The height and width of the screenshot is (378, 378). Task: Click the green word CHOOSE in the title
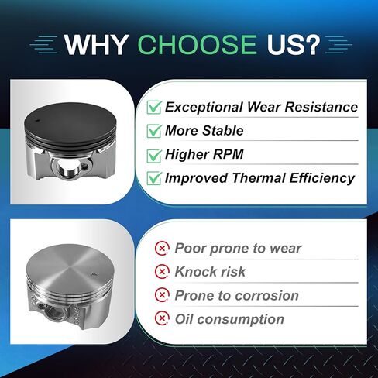[198, 45]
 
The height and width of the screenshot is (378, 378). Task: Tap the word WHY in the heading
[97, 45]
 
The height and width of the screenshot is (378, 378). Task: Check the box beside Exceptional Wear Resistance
[154, 107]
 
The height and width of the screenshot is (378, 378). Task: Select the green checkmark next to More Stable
[154, 131]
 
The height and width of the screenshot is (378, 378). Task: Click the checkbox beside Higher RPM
[154, 156]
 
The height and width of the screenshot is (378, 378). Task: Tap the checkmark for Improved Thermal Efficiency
[154, 178]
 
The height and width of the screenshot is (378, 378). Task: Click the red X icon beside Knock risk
[162, 272]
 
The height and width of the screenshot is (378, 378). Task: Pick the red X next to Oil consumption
[162, 318]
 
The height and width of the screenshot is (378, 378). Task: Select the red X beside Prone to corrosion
[162, 295]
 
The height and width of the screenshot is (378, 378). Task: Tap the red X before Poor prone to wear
[162, 249]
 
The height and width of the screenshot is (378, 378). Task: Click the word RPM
[229, 154]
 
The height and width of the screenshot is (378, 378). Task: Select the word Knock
[195, 272]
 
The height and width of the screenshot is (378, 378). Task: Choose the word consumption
[241, 320]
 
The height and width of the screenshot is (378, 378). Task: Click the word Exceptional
[204, 107]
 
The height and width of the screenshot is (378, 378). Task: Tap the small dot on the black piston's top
[36, 120]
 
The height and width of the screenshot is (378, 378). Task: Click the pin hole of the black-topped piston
[66, 168]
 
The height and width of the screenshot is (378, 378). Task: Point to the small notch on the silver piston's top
[94, 274]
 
